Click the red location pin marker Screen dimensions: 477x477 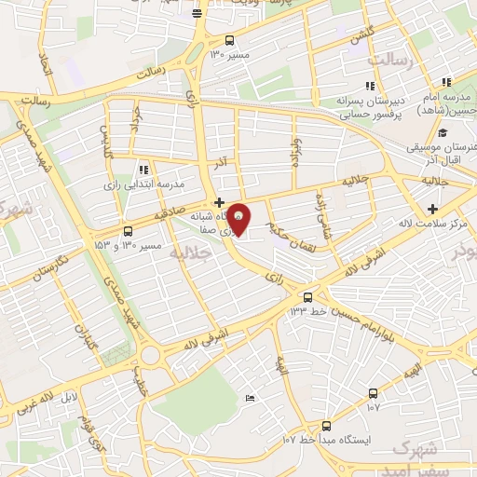[x=239, y=221]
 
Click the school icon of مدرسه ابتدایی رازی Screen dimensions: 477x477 [x=143, y=170]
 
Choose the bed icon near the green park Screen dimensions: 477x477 [x=250, y=399]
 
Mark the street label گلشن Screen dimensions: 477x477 [x=354, y=38]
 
